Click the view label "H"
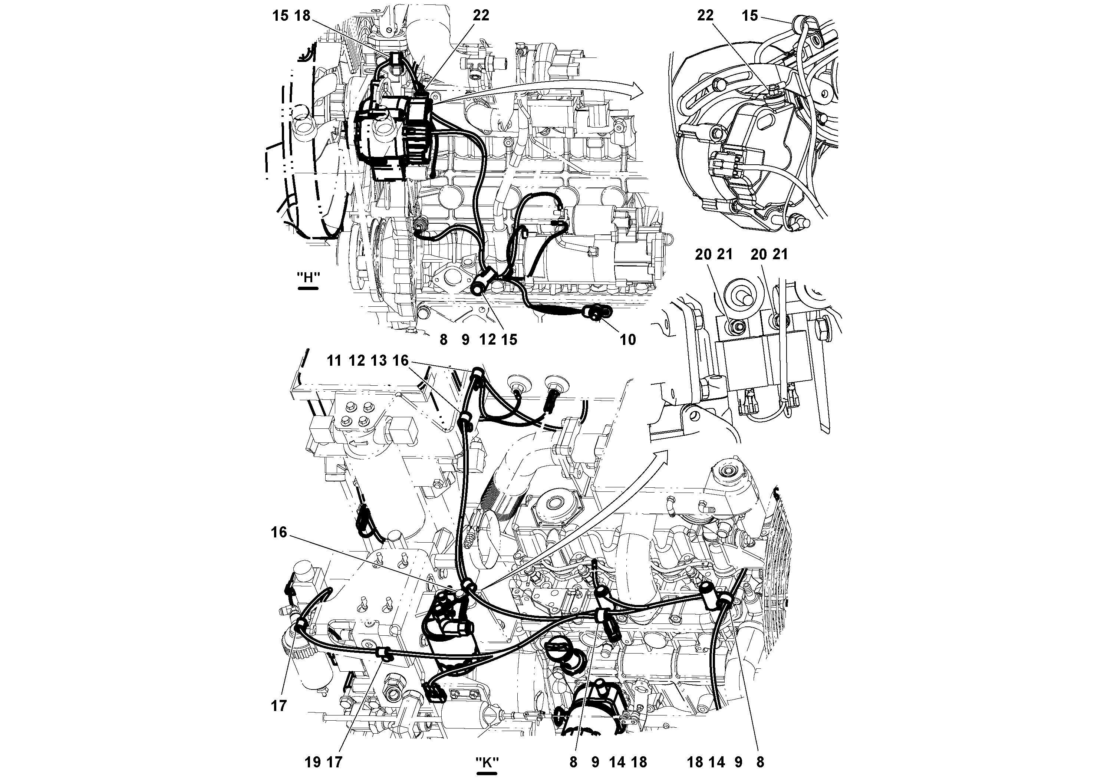308,278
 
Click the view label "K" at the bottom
487,762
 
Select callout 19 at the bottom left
313,762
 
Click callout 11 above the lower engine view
334,361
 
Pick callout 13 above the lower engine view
379,361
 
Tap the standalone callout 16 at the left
279,532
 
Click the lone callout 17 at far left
279,706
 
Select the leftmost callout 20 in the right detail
703,254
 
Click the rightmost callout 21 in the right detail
780,254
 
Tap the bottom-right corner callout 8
760,762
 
